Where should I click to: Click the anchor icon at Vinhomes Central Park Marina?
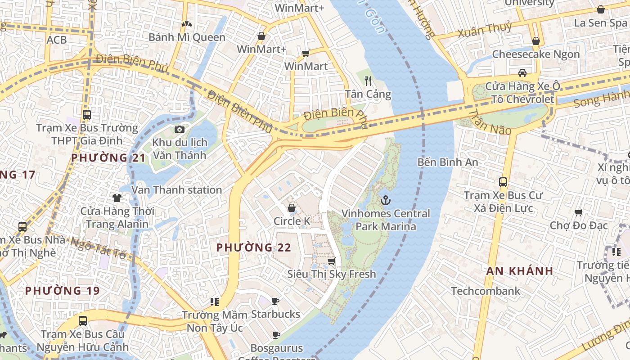(x=386, y=200)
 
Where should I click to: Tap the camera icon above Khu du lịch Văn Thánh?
(x=180, y=130)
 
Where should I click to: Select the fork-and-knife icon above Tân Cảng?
(x=369, y=81)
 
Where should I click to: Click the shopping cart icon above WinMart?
(x=306, y=54)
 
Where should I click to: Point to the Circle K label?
(x=292, y=221)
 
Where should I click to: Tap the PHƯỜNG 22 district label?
(x=254, y=247)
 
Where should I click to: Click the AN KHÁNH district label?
(x=520, y=271)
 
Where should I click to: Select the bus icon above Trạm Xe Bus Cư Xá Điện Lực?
(x=503, y=182)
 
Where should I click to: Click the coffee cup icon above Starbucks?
(x=275, y=301)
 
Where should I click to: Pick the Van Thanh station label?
(x=176, y=190)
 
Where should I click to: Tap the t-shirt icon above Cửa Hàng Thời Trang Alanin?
(x=117, y=198)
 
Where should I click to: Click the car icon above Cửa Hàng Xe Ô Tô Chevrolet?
(x=522, y=73)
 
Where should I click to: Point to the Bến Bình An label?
(x=447, y=162)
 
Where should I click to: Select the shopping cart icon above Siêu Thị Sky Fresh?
(x=332, y=261)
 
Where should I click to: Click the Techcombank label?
(x=486, y=291)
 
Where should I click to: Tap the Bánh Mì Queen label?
(x=187, y=37)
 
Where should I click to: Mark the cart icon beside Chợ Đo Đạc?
(x=579, y=212)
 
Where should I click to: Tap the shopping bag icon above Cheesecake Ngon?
(x=536, y=41)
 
